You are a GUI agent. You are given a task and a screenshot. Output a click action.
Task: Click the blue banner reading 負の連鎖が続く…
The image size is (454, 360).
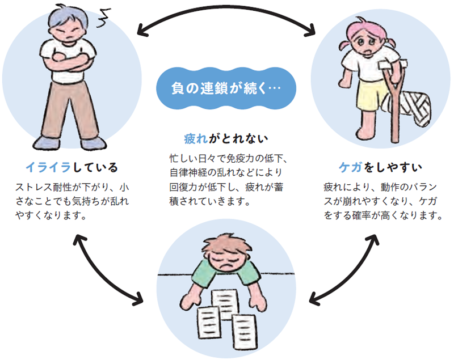coord(226,88)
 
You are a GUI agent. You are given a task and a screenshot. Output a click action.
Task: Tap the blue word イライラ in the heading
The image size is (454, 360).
coord(48,167)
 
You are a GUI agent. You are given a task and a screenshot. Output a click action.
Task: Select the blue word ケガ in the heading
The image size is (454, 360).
coord(351,167)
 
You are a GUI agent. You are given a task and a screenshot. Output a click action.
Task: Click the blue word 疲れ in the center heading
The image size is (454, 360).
coord(196,139)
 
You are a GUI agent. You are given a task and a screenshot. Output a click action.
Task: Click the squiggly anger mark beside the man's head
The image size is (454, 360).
coord(104,18)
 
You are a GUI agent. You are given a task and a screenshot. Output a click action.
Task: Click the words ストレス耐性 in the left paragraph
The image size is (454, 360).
coord(44,188)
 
